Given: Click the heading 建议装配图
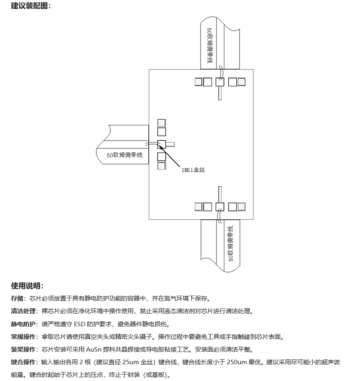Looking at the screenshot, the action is [x=29, y=6].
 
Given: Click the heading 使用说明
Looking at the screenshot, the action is [x=25, y=286].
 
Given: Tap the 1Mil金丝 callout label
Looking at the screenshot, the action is [x=193, y=170].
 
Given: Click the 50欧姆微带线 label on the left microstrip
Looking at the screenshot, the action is [x=125, y=155].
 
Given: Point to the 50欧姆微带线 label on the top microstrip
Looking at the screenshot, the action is [x=210, y=45].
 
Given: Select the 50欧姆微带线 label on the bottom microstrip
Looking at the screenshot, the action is [x=231, y=244].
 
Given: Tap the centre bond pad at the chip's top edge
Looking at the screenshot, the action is [x=220, y=82].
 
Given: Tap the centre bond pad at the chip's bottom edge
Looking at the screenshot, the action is [x=220, y=207].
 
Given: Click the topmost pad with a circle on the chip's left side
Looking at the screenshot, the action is [x=162, y=123].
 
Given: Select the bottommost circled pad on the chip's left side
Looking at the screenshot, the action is [x=162, y=166].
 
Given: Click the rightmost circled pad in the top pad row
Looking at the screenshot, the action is [x=241, y=82].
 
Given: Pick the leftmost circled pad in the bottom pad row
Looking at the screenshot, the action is [x=198, y=207].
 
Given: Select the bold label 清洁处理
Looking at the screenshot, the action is [x=23, y=311].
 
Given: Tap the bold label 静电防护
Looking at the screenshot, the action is [x=23, y=324].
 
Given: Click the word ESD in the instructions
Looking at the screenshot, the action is [x=79, y=324].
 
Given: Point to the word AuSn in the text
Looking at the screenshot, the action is [x=94, y=350].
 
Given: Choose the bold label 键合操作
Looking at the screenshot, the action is [x=23, y=362].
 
